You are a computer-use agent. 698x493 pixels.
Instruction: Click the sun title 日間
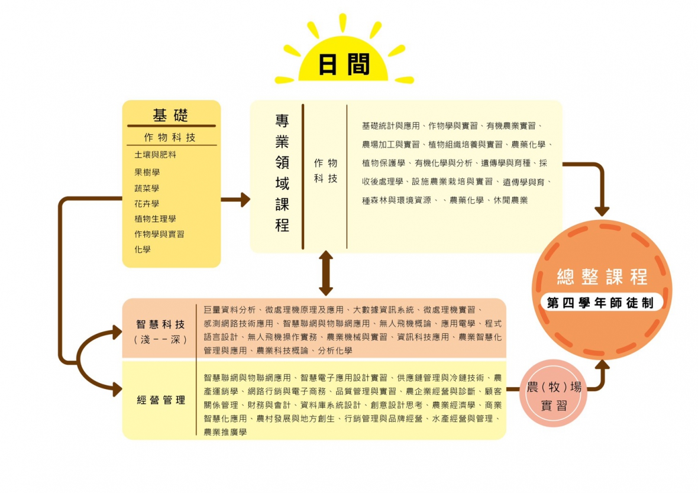pos(344,64)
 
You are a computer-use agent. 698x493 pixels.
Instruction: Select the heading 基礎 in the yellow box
pos(170,115)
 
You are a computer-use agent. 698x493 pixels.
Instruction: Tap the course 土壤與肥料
pos(155,155)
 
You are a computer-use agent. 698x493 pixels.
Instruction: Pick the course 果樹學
pos(147,172)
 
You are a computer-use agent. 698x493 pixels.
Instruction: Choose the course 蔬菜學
pos(147,188)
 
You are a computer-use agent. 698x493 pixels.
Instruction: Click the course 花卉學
pos(147,203)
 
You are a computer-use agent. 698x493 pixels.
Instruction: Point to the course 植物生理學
pos(155,219)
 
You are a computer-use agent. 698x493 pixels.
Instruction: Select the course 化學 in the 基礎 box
pos(143,249)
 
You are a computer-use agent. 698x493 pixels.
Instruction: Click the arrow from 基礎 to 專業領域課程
pos(235,200)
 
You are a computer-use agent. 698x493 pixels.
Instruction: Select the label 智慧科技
pos(160,325)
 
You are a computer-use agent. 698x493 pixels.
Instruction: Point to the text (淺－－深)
pos(160,340)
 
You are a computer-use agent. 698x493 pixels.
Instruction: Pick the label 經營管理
pos(160,400)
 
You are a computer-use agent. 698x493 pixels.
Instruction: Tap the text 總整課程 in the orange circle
pos(602,277)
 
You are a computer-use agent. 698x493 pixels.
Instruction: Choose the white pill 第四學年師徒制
pos(600,303)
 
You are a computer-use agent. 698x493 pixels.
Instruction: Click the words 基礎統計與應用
pos(390,126)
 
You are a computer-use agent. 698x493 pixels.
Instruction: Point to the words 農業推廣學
pos(225,432)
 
